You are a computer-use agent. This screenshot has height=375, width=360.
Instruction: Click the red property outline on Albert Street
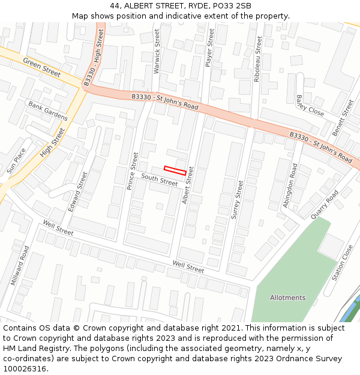175,170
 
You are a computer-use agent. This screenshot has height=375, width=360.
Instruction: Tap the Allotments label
287,298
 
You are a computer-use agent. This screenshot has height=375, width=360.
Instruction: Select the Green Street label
42,67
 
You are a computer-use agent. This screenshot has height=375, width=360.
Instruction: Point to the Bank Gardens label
48,110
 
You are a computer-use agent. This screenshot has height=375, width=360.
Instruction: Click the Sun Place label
16,161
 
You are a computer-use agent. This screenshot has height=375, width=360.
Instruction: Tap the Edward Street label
78,191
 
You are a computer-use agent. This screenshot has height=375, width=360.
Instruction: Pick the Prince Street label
133,171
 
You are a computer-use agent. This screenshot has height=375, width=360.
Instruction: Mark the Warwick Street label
157,52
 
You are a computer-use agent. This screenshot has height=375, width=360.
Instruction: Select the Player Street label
209,47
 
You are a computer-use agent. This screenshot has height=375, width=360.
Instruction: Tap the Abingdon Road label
290,185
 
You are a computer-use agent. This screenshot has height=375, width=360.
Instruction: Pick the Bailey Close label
310,106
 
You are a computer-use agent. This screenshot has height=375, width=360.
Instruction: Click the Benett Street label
343,118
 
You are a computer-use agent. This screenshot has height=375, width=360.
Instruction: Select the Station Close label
343,263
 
